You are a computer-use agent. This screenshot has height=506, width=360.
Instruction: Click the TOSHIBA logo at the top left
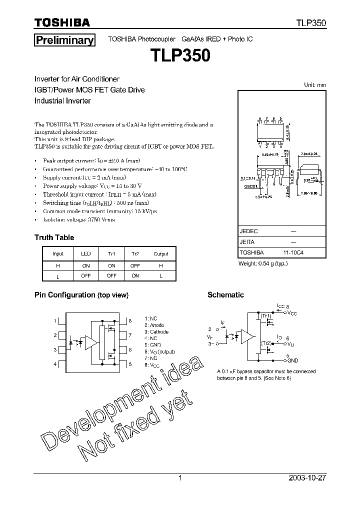pyautogui.click(x=62, y=22)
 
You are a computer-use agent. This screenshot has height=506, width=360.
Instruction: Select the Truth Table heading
pyautogui.click(x=54, y=237)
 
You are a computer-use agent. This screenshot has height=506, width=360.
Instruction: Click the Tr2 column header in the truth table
pyautogui.click(x=135, y=254)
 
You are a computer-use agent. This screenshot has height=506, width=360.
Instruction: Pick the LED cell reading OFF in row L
pyautogui.click(x=86, y=276)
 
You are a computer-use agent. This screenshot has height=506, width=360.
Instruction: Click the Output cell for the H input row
pyautogui.click(x=161, y=266)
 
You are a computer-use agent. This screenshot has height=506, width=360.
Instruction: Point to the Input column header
pyautogui.click(x=58, y=254)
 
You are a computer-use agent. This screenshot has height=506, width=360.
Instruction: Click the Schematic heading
pyautogui.click(x=225, y=295)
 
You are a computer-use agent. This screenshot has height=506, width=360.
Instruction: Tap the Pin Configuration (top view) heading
pyautogui.click(x=81, y=295)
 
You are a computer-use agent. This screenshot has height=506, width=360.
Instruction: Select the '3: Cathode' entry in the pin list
pyautogui.click(x=156, y=332)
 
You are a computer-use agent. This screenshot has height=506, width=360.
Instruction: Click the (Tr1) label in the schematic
pyautogui.click(x=265, y=316)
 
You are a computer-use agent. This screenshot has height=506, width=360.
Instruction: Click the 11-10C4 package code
pyautogui.click(x=293, y=253)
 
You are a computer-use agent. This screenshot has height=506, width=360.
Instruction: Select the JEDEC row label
pyautogui.click(x=249, y=231)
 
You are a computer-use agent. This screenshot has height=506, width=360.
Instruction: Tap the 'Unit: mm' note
pyautogui.click(x=315, y=85)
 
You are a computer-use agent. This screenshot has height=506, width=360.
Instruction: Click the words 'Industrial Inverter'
pyautogui.click(x=62, y=100)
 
